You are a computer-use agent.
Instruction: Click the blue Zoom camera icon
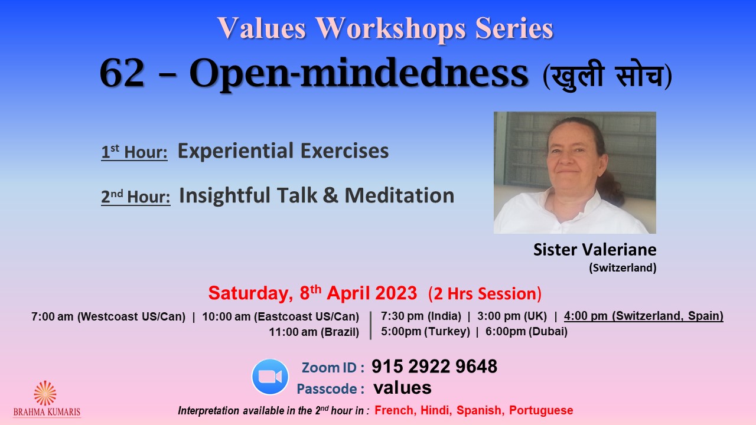click(x=270, y=377)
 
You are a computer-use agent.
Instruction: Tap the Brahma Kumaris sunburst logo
click(x=45, y=393)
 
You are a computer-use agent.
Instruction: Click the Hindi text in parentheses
click(x=608, y=76)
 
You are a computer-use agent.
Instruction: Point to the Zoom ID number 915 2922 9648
click(x=434, y=367)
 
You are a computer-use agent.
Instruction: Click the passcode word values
click(x=402, y=388)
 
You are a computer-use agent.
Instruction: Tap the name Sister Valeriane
click(x=595, y=250)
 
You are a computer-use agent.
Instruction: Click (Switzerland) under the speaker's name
click(x=623, y=268)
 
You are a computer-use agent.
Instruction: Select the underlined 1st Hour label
click(x=134, y=152)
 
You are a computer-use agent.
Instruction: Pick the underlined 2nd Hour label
click(x=136, y=197)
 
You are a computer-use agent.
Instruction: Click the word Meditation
click(x=400, y=195)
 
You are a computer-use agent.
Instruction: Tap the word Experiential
click(x=236, y=151)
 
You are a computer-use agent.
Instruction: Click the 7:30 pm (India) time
click(x=421, y=316)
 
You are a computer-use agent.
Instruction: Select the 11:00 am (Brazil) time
click(x=314, y=332)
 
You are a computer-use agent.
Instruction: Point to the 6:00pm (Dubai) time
click(x=526, y=332)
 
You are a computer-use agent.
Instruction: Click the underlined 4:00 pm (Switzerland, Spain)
click(x=644, y=316)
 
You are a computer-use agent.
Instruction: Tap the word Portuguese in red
click(x=541, y=410)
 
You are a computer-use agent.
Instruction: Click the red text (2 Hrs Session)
click(x=485, y=293)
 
